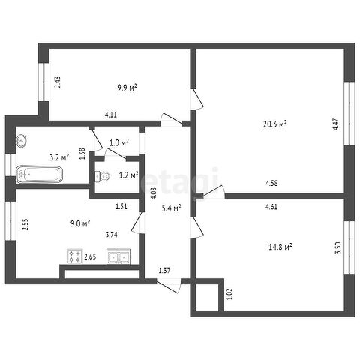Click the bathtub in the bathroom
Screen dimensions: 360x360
pyautogui.click(x=39, y=174)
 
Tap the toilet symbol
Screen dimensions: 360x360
pyautogui.click(x=103, y=176)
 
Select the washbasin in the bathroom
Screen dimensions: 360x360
pyautogui.click(x=21, y=141)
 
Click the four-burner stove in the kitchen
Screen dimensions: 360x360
pyautogui.click(x=75, y=256)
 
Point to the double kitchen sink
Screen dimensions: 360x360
pyautogui.click(x=118, y=256)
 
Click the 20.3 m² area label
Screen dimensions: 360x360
pyautogui.click(x=274, y=124)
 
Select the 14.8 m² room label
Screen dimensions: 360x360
pyautogui.click(x=280, y=247)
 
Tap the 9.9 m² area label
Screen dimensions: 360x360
pyautogui.click(x=127, y=88)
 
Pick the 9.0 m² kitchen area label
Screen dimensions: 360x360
pyautogui.click(x=80, y=223)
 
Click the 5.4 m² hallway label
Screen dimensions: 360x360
pyautogui.click(x=172, y=208)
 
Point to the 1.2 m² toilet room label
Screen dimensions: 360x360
pyautogui.click(x=128, y=175)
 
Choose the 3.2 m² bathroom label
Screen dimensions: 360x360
pyautogui.click(x=59, y=157)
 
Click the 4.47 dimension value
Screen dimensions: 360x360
pyautogui.click(x=337, y=124)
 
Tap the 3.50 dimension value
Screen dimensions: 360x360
pyautogui.click(x=338, y=247)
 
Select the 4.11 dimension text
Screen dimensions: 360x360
pyautogui.click(x=111, y=115)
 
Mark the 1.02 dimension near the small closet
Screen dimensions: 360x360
pyautogui.click(x=230, y=294)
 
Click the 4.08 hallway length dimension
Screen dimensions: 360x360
pyautogui.click(x=154, y=193)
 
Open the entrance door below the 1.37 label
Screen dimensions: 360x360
pyautogui.click(x=169, y=286)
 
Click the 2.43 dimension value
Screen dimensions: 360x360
pyautogui.click(x=58, y=82)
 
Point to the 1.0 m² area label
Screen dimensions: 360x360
pyautogui.click(x=119, y=143)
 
